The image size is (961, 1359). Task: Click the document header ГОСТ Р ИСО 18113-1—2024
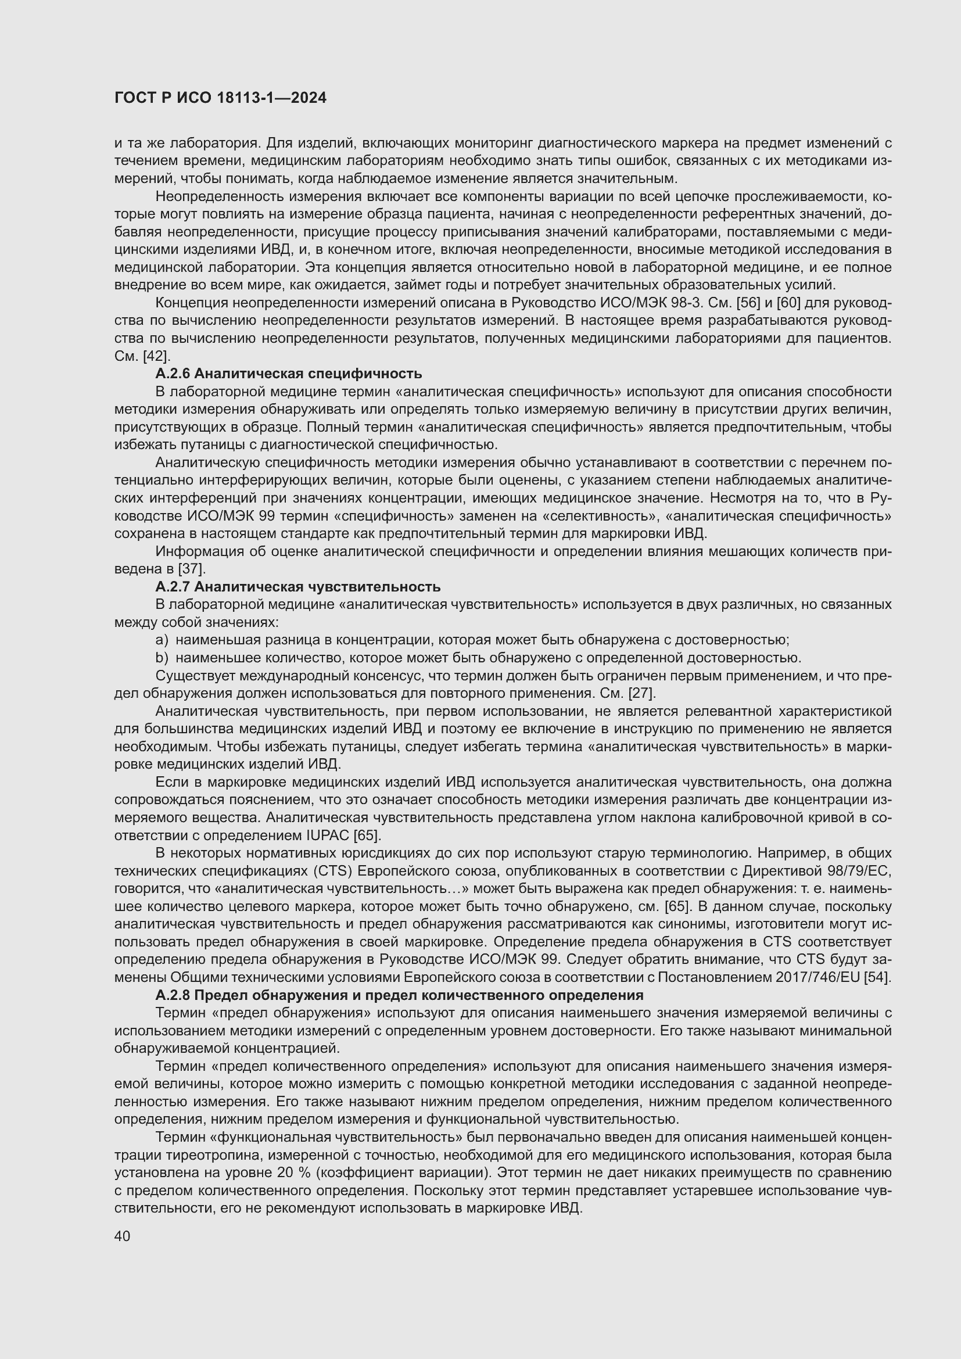tap(220, 98)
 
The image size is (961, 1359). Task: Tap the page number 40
tap(122, 1236)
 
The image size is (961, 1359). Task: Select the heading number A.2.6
tap(172, 374)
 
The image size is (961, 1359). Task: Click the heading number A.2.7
tap(172, 587)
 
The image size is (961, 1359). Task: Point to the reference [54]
tap(877, 977)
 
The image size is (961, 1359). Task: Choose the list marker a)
tap(162, 640)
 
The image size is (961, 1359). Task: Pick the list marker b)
tap(162, 658)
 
